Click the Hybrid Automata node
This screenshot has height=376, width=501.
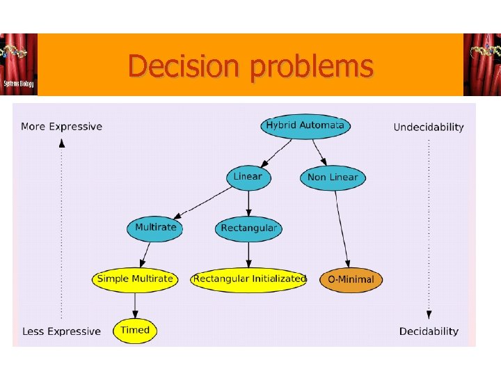pos(305,126)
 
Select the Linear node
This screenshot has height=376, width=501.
pos(248,177)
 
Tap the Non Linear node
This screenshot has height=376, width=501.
pos(333,178)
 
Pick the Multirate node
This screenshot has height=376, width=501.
pos(156,228)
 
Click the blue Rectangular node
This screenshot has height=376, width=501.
pos(248,228)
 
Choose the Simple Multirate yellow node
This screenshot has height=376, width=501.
pos(135,279)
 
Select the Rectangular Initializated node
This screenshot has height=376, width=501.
pos(249,279)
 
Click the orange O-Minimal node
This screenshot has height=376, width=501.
pos(351,280)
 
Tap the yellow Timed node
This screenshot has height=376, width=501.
pos(135,330)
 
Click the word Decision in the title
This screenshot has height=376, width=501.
pos(186,66)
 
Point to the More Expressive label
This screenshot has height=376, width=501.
pos(61,127)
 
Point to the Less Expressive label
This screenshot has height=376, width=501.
pos(61,331)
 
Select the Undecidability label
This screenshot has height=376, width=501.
pos(428,127)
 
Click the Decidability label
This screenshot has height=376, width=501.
pos(429,331)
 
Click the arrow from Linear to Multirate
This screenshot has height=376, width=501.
pos(202,202)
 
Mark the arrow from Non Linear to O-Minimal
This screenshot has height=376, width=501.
pos(342,226)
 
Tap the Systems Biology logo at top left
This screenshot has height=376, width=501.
pos(18,65)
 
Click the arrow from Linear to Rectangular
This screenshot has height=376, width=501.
pos(248,202)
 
